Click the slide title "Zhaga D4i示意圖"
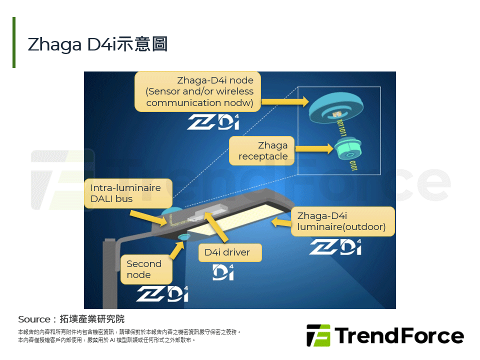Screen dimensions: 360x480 pos(97,44)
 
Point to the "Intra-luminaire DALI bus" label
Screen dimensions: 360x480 pos(128,193)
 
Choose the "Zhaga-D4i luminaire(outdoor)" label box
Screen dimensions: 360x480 pos(343,221)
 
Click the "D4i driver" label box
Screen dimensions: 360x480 pos(227,252)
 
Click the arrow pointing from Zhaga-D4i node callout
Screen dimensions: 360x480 pos(284,102)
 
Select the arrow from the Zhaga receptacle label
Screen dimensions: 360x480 pos(313,148)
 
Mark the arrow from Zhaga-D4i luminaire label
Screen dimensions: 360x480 pos(281,221)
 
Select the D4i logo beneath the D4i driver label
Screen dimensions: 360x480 pos(223,272)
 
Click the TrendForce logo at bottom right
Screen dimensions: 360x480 pos(385,335)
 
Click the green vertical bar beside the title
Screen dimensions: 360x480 pos(14,42)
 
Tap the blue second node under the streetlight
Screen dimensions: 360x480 pos(183,236)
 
